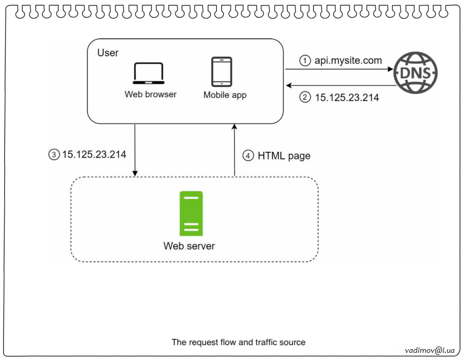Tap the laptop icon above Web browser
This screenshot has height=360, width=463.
pos(149,74)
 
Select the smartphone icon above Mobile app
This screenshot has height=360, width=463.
pos(222,71)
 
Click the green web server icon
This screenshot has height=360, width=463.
pos(191,213)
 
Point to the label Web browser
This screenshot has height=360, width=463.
pos(150,95)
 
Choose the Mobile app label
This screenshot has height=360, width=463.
pos(225,95)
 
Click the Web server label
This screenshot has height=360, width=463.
pos(189,246)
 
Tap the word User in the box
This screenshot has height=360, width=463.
pos(108,53)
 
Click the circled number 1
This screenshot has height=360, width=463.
pos(306,61)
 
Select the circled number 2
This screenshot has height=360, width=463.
pos(306,97)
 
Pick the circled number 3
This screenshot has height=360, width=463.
pos(54,154)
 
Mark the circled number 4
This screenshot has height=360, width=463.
pos(248,155)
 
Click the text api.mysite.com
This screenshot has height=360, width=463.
pos(348,61)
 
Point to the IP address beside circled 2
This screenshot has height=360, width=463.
pos(347,97)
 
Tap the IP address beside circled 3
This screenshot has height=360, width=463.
pos(94,154)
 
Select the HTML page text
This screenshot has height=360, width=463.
pos(284,155)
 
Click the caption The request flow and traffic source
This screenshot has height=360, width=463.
pos(238,342)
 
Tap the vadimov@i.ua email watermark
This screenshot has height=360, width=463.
pos(430,350)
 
